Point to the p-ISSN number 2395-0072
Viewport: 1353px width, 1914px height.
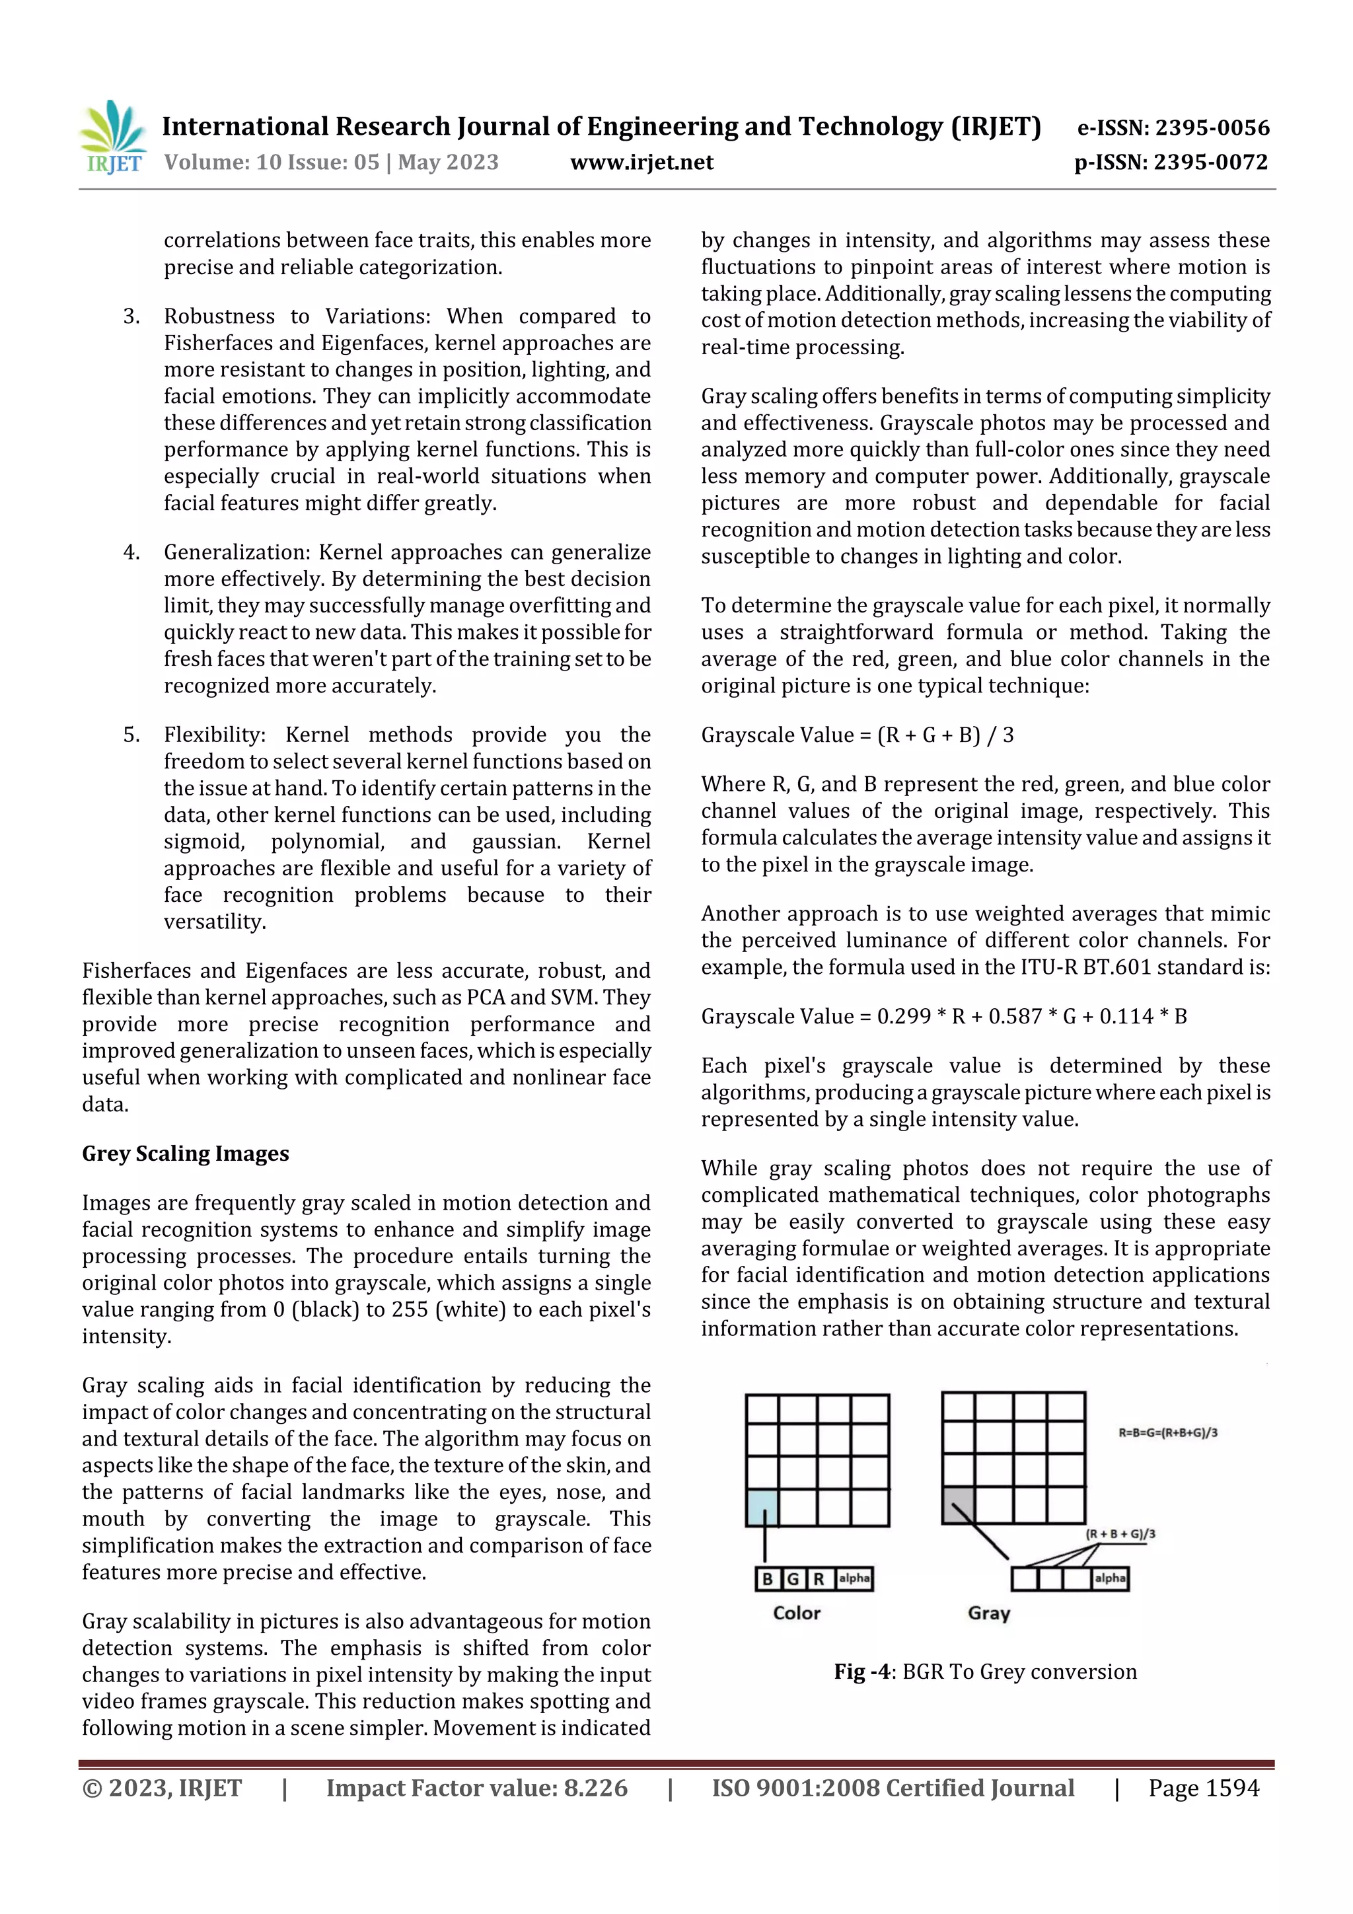pyautogui.click(x=1210, y=163)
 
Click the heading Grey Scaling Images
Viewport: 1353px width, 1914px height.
pyautogui.click(x=185, y=1154)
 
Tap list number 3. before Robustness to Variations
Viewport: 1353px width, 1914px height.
pyautogui.click(x=131, y=316)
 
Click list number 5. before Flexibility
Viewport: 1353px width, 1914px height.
pyautogui.click(x=131, y=735)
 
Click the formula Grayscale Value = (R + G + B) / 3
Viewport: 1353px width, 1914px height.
pyautogui.click(x=857, y=735)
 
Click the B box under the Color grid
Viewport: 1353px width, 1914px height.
pyautogui.click(x=768, y=1579)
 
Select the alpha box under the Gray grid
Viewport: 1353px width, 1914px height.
pyautogui.click(x=1110, y=1578)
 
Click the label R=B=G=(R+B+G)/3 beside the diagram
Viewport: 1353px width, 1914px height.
pyautogui.click(x=1167, y=1433)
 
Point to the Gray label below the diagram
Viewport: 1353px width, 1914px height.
pyautogui.click(x=989, y=1613)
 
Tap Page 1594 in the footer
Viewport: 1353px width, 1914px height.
pyautogui.click(x=1203, y=1788)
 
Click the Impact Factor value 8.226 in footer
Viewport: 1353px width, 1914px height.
pyautogui.click(x=595, y=1788)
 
